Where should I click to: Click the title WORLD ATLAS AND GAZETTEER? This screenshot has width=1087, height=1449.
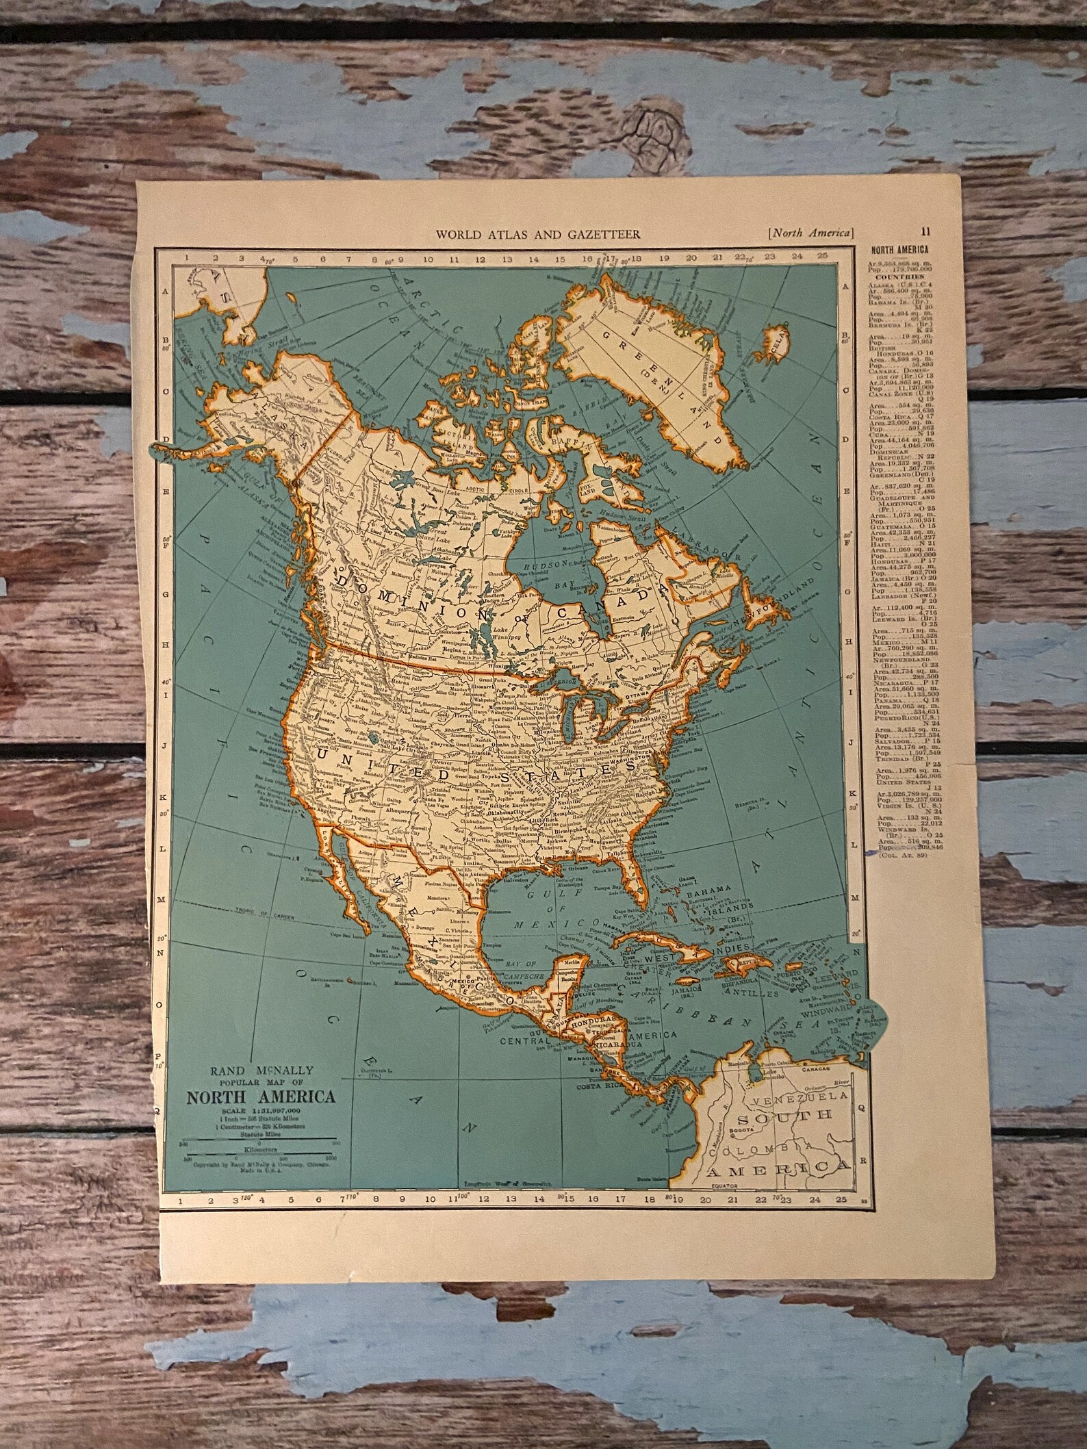point(539,234)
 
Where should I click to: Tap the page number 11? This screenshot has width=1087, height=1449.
point(926,231)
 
